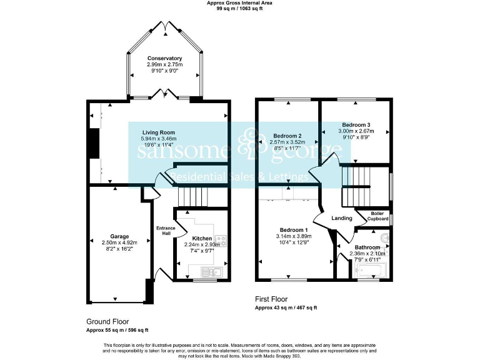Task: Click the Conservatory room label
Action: [x=165, y=58]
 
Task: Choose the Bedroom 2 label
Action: [x=288, y=136]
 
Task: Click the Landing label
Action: [x=341, y=218]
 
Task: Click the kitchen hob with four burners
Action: [x=220, y=239]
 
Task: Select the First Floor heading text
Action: [x=272, y=299]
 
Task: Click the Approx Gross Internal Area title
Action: [x=239, y=3]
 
